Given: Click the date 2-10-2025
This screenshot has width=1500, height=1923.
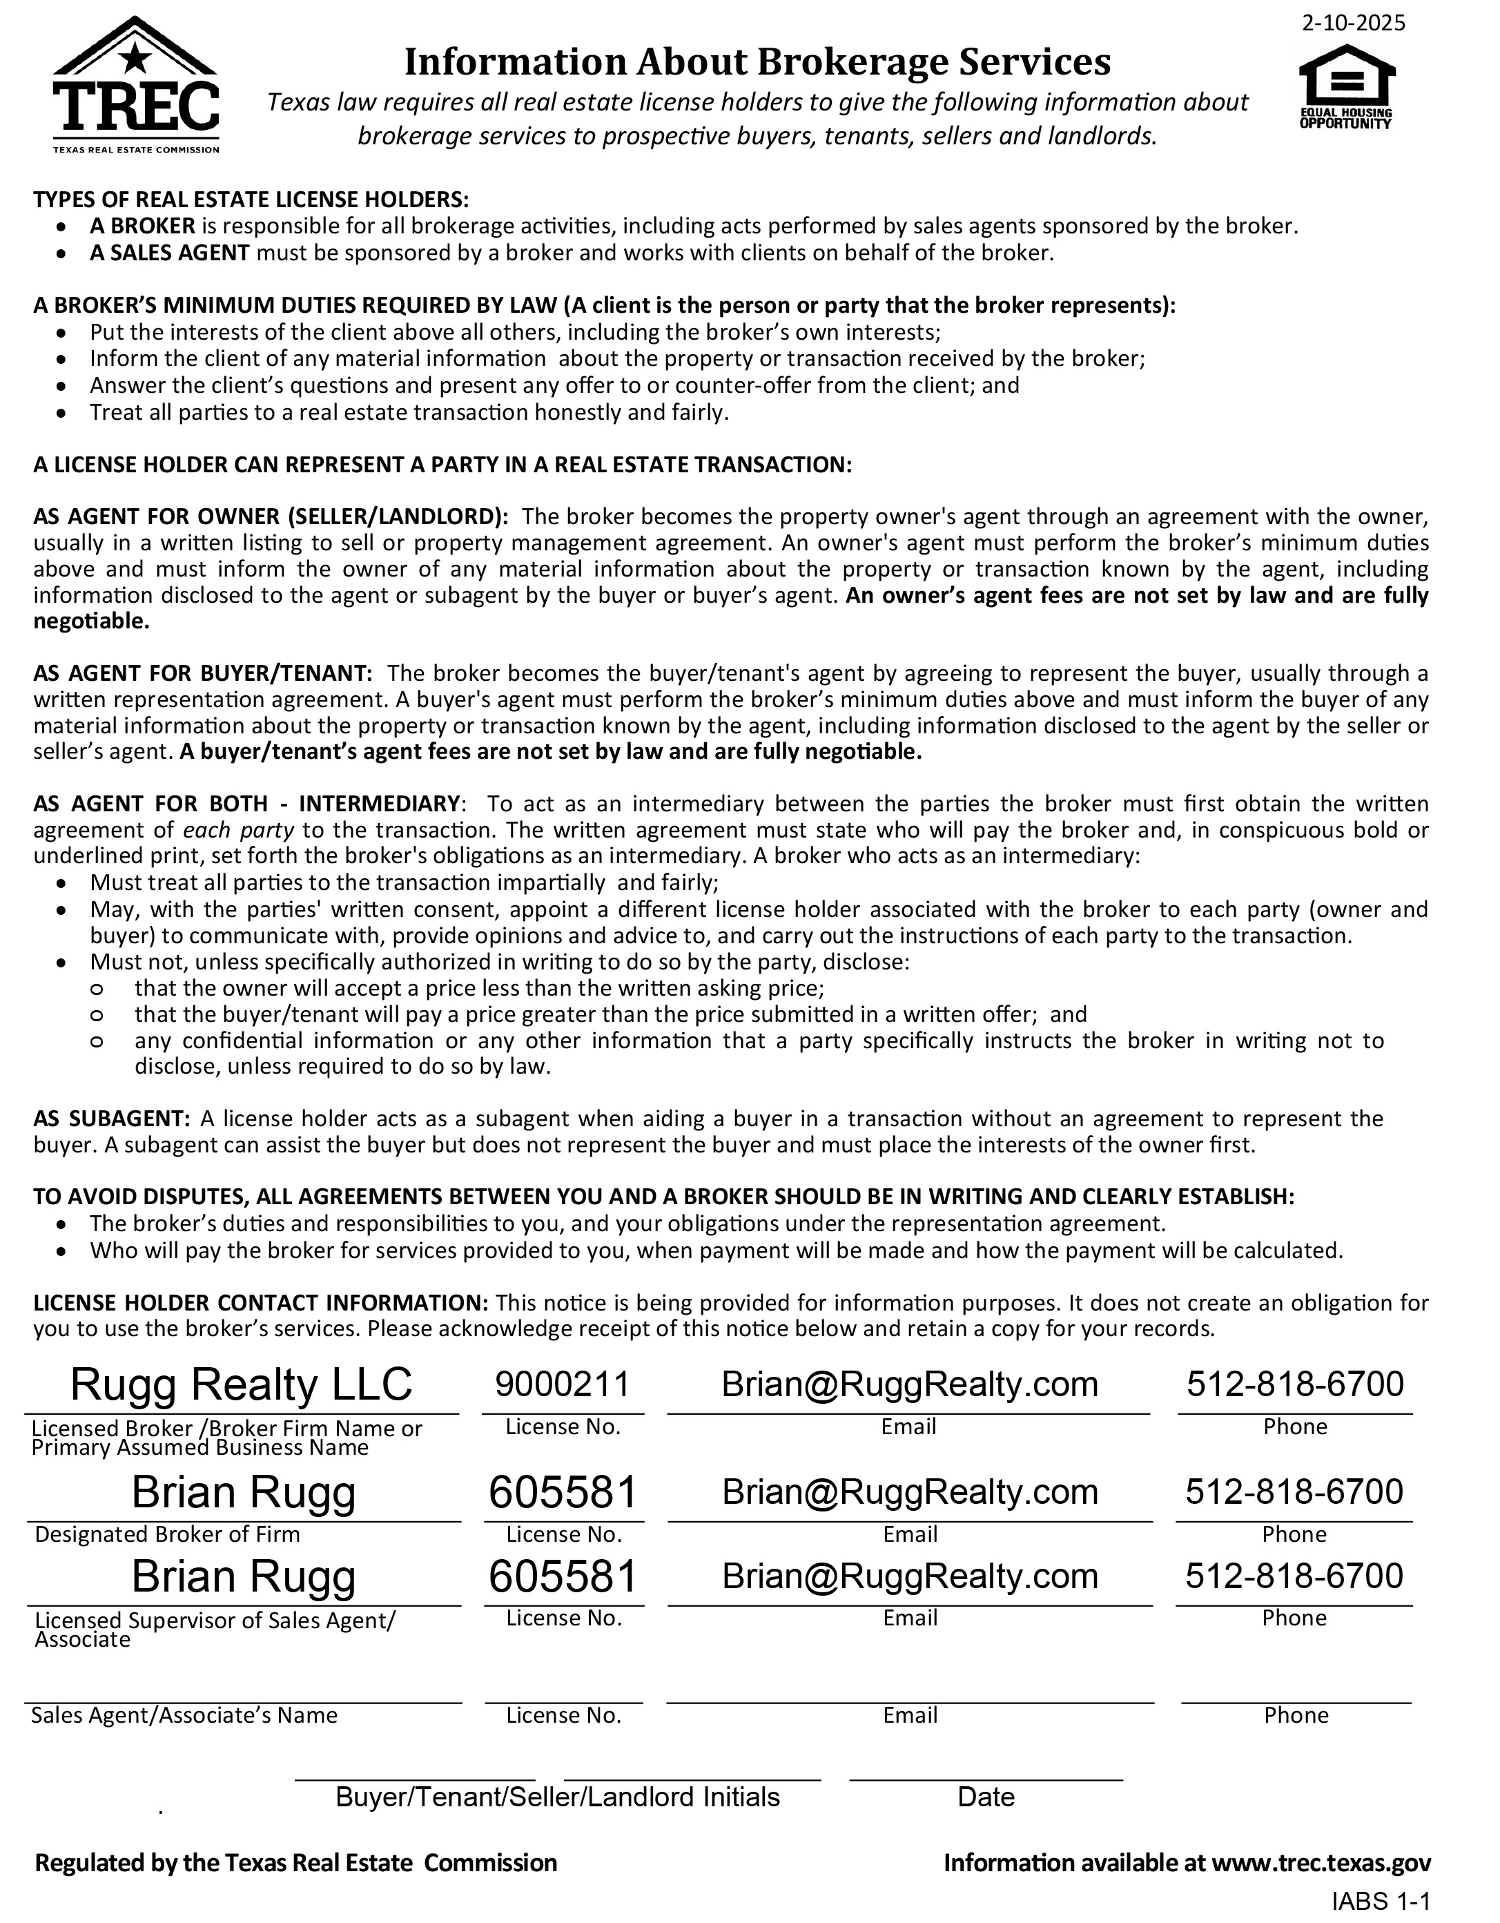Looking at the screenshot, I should (x=1354, y=23).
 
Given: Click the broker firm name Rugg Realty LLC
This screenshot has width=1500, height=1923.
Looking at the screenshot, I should (x=241, y=1384).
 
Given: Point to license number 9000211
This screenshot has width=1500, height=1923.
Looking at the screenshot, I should (x=563, y=1384).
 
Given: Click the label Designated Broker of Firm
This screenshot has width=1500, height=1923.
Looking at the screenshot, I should (x=167, y=1535).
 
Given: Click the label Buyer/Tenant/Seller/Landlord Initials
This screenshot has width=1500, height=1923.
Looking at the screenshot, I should (x=557, y=1797).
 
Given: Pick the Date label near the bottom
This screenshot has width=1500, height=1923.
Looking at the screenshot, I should (x=986, y=1797).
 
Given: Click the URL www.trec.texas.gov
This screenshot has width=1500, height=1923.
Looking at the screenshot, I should (x=1321, y=1863).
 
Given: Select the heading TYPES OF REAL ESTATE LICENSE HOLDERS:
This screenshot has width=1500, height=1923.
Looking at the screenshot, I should (x=252, y=200).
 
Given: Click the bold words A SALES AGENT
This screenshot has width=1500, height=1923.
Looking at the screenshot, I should (x=170, y=253).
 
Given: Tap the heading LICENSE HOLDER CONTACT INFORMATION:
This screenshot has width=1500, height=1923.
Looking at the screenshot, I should (x=260, y=1303).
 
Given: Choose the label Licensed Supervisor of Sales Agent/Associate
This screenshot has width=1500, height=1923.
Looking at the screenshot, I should (x=215, y=1630).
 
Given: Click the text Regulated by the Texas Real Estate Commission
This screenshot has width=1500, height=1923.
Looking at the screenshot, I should (x=295, y=1863).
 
